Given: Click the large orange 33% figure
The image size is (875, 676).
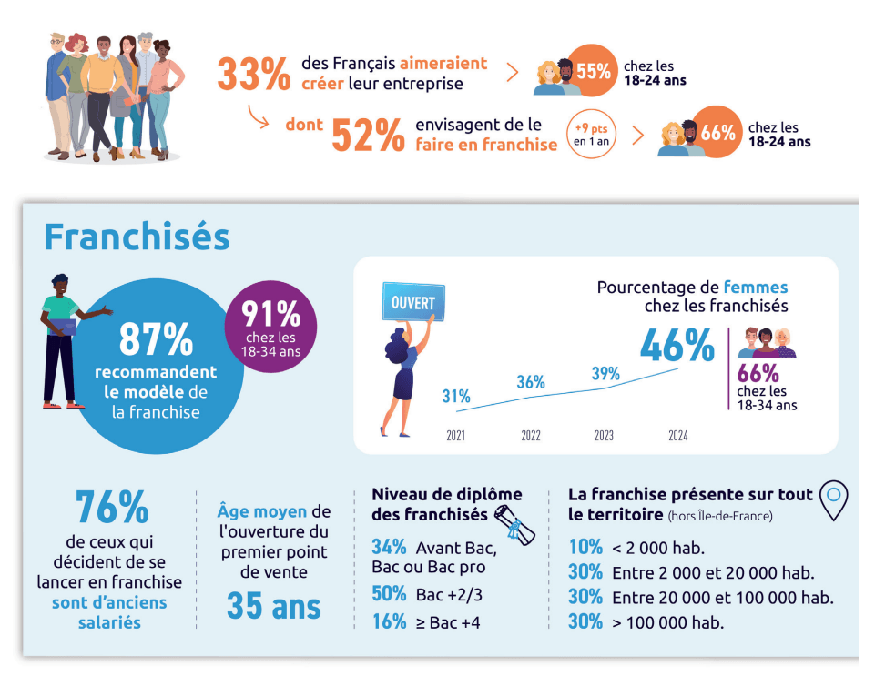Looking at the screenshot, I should (254, 74).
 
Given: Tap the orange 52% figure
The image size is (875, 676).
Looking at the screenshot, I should (368, 135).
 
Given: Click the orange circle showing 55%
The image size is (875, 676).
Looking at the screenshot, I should (593, 69).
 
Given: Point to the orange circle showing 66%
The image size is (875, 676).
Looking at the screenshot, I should (717, 133).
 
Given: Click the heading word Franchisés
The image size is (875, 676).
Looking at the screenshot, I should (137, 237).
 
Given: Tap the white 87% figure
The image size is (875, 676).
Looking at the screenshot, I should (156, 339).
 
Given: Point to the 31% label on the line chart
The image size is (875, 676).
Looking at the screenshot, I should (456, 396).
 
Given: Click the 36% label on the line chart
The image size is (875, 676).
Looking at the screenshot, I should (531, 382).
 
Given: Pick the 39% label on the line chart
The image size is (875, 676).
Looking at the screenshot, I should (605, 373).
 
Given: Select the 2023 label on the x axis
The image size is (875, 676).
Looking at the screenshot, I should (604, 436).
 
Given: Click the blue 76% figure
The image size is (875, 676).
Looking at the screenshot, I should (112, 508).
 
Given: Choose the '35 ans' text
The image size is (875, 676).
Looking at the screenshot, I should (273, 606).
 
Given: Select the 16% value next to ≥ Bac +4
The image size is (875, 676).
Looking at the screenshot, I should (389, 621).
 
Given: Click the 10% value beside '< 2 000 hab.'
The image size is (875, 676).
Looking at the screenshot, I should (585, 547).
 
